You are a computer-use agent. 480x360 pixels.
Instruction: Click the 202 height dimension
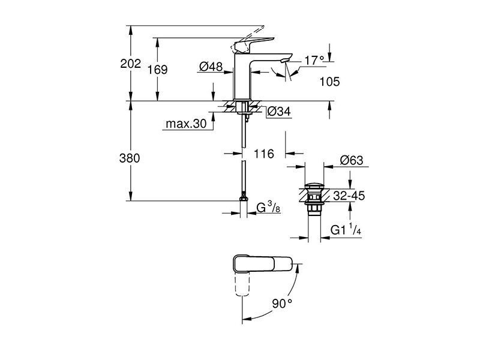131,64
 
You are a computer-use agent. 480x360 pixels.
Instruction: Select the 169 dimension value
158,70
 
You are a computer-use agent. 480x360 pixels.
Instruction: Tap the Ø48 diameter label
211,66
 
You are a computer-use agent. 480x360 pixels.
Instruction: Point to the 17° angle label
314,61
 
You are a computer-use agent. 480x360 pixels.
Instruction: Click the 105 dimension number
329,82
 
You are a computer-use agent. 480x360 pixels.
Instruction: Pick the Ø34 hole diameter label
279,112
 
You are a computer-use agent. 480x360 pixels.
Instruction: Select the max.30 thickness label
186,124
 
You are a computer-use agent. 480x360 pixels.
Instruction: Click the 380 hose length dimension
130,158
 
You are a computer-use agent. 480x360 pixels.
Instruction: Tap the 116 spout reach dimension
264,154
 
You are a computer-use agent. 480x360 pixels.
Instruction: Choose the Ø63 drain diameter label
352,160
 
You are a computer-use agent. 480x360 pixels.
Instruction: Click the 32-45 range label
349,196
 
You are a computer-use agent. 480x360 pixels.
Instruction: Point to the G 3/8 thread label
268,207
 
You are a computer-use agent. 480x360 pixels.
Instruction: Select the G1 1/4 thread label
346,229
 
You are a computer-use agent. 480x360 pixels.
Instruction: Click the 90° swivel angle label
282,304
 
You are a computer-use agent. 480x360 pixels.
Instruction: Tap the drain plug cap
314,185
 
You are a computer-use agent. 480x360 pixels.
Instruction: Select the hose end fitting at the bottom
244,198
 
